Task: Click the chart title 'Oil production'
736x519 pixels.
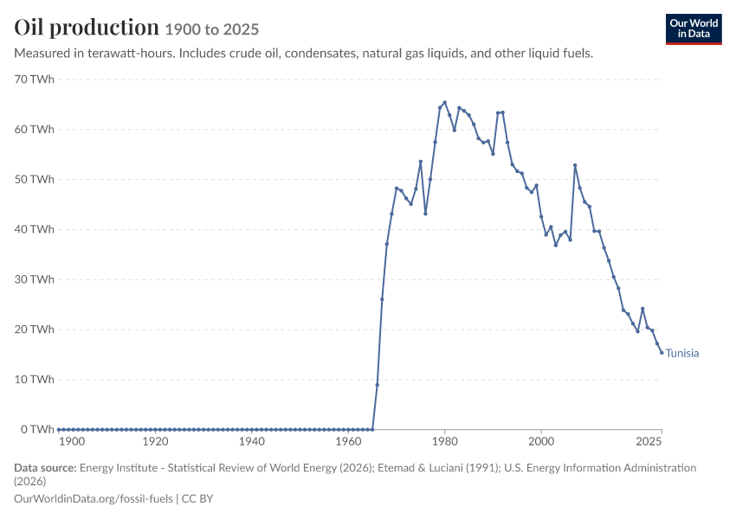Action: pyautogui.click(x=87, y=27)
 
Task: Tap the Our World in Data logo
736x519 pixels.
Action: pyautogui.click(x=694, y=29)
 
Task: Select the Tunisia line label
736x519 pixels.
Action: pyautogui.click(x=682, y=353)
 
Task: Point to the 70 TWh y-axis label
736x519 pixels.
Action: pyautogui.click(x=35, y=80)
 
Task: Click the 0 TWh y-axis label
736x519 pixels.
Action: pyautogui.click(x=37, y=429)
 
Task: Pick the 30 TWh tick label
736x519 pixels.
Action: pyautogui.click(x=35, y=279)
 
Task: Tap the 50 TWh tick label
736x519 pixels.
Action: pyautogui.click(x=35, y=180)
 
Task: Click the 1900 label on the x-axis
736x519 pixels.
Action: pyautogui.click(x=72, y=442)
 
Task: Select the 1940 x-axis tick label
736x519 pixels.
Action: pyautogui.click(x=252, y=442)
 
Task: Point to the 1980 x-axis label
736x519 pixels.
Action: pyautogui.click(x=444, y=442)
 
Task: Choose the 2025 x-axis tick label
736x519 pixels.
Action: pyautogui.click(x=649, y=442)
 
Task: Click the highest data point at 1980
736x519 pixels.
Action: pyautogui.click(x=444, y=102)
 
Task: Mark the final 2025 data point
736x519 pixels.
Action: pyautogui.click(x=662, y=353)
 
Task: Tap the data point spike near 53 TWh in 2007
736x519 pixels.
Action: pyautogui.click(x=575, y=165)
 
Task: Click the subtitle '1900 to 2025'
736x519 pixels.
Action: pyautogui.click(x=211, y=29)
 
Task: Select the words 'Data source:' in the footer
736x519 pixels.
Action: pyautogui.click(x=45, y=468)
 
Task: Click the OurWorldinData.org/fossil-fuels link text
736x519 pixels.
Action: pyautogui.click(x=94, y=499)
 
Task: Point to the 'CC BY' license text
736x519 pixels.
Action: pyautogui.click(x=197, y=499)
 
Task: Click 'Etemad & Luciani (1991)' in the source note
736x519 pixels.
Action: pyautogui.click(x=438, y=468)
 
